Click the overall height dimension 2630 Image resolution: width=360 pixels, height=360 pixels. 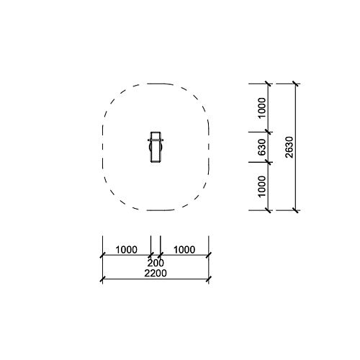click(x=289, y=147)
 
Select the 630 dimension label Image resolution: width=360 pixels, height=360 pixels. click(x=262, y=147)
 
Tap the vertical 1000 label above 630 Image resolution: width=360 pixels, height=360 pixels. click(x=262, y=108)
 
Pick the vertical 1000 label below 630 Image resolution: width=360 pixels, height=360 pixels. click(x=262, y=186)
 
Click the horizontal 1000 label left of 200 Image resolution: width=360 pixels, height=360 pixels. click(x=127, y=250)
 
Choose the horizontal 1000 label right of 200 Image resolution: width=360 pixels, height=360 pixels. click(x=184, y=250)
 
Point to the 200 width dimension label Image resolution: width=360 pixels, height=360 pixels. click(x=156, y=263)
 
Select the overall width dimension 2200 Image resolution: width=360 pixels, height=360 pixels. click(x=156, y=274)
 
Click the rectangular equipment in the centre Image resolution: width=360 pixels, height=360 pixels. click(x=156, y=147)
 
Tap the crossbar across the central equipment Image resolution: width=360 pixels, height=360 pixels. click(x=156, y=140)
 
